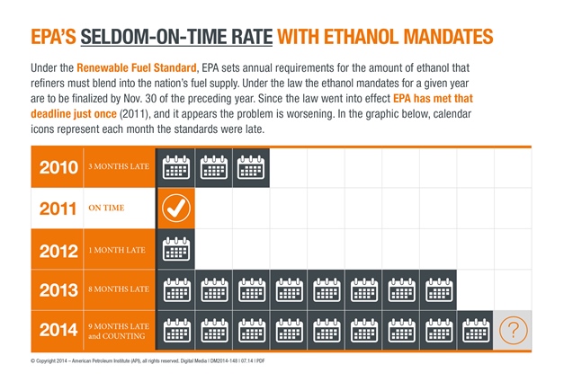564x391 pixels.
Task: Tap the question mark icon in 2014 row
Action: (x=513, y=330)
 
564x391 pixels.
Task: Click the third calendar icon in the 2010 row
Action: (x=251, y=167)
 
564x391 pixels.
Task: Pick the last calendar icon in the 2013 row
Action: (x=438, y=289)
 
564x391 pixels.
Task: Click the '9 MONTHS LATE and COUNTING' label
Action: (x=118, y=330)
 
